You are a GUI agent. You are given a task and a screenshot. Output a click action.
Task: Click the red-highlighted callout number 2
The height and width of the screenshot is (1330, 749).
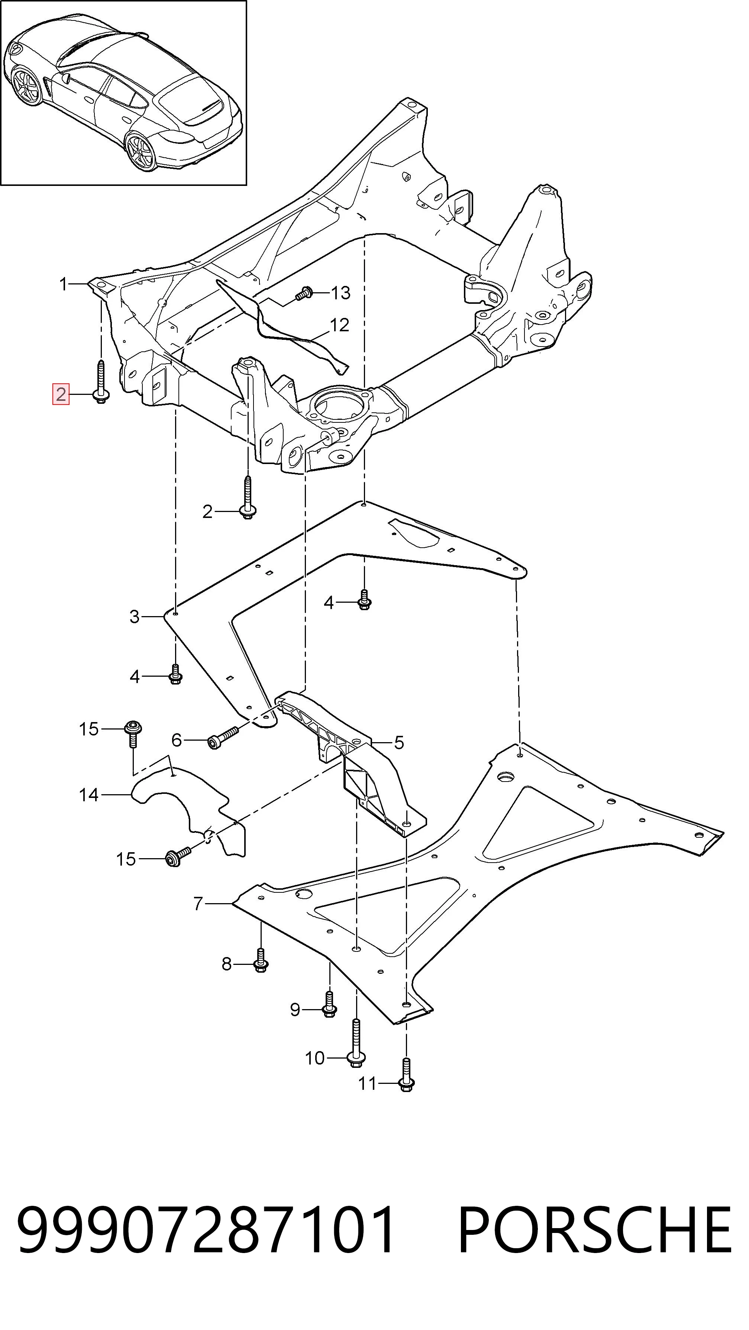coord(60,395)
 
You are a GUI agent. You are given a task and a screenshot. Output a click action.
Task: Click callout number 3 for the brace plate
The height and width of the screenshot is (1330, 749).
coord(134,616)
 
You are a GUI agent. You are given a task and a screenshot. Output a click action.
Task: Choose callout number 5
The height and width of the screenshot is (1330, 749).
coord(398,743)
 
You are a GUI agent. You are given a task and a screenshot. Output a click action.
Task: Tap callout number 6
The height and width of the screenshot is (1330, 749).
coord(177,740)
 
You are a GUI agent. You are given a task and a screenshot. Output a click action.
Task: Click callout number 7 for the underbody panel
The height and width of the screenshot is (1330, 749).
coord(198,904)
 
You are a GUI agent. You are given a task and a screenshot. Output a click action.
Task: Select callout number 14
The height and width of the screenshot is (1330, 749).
coord(89,795)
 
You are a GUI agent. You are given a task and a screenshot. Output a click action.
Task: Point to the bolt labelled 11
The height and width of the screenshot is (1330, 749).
coord(406,1075)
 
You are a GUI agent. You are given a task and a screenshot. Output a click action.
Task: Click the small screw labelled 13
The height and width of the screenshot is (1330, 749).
coord(304,293)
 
